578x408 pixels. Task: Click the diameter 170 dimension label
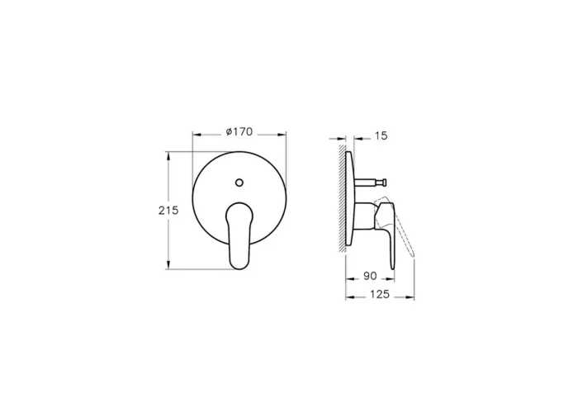coord(239,131)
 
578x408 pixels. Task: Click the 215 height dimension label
coord(168,211)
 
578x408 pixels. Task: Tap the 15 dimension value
coord(381,136)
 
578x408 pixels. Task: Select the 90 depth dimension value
coord(370,276)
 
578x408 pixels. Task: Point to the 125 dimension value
coord(380,294)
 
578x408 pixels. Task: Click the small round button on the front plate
coord(239,183)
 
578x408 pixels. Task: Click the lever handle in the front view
coord(240,235)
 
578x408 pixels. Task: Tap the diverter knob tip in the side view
coord(384,182)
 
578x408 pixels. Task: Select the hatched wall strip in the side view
coord(343,198)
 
